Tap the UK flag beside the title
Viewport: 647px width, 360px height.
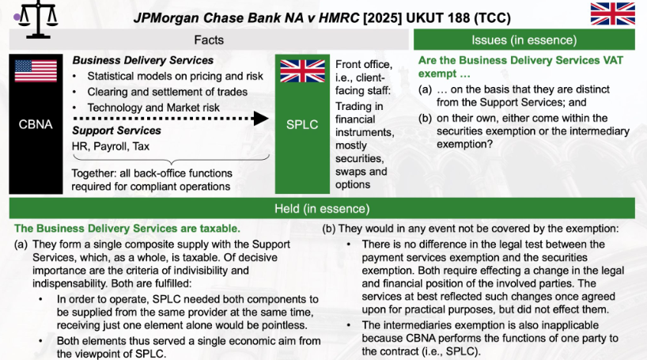[613, 13]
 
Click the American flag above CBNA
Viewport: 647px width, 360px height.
[36, 71]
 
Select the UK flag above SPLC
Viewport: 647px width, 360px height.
[302, 71]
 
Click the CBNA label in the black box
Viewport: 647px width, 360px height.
[36, 124]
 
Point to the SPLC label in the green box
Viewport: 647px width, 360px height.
[302, 124]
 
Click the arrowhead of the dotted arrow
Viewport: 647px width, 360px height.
[261, 119]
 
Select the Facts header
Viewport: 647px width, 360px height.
[209, 40]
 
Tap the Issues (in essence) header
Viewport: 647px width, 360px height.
[524, 40]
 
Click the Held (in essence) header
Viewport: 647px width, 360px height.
[322, 209]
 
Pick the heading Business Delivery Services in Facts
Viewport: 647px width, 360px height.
[143, 60]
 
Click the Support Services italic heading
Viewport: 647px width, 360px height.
[116, 131]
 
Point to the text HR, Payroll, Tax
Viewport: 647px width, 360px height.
[111, 146]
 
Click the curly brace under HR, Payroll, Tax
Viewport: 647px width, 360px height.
[171, 160]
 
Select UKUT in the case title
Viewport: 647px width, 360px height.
[425, 18]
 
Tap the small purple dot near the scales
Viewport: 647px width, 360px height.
[17, 17]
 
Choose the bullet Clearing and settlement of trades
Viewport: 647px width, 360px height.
[167, 92]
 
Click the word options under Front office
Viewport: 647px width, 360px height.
[353, 184]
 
